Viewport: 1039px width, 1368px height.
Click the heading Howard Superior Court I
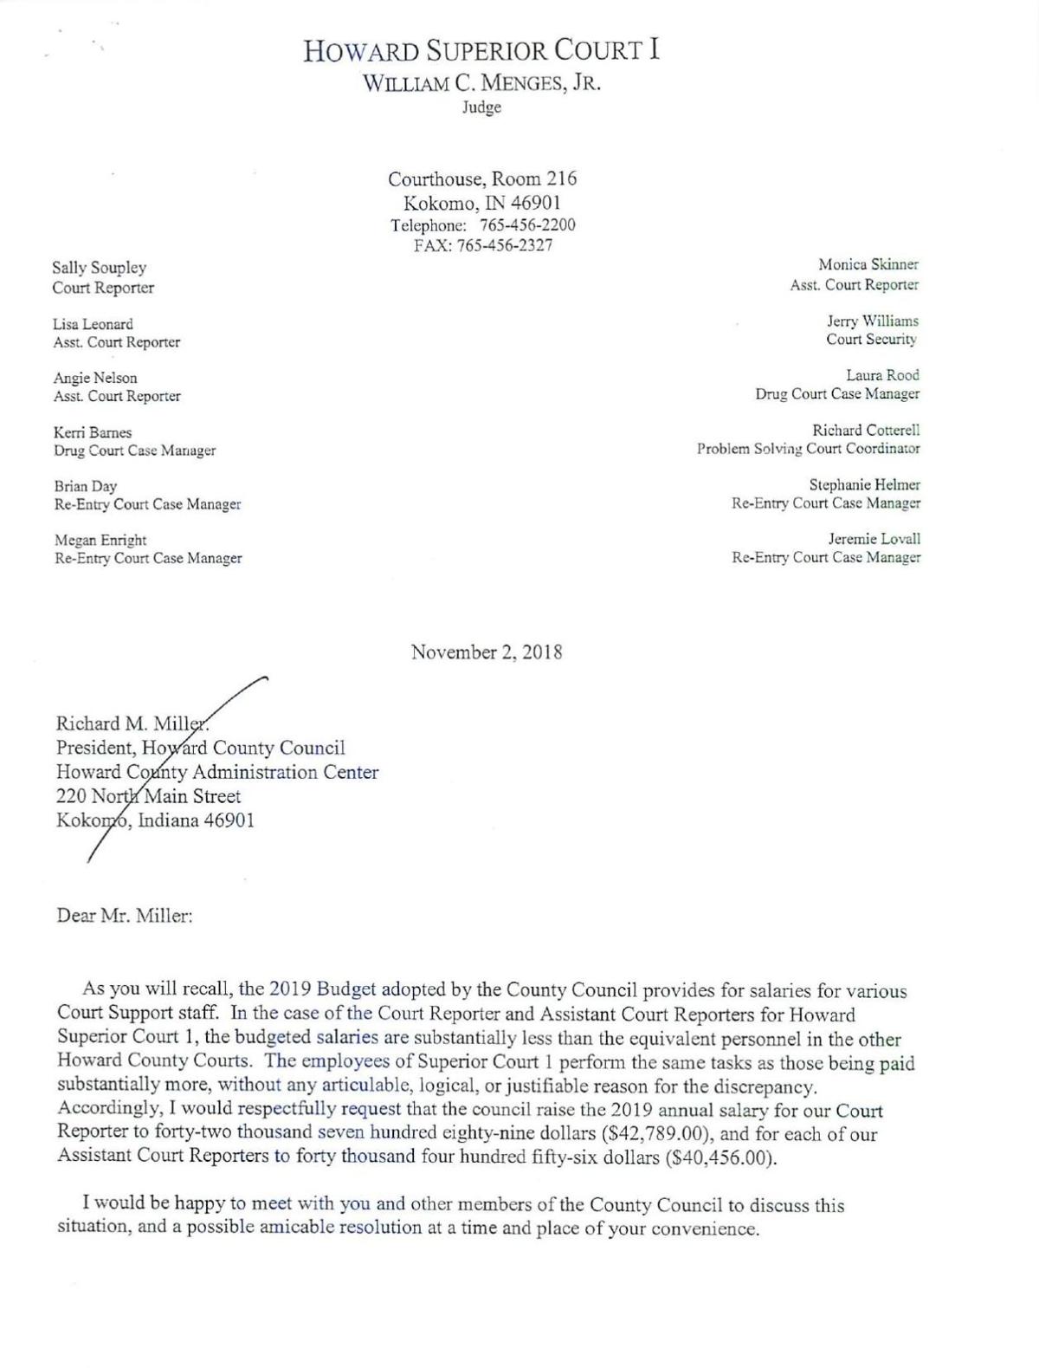coord(481,51)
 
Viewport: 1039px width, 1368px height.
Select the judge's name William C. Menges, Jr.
coord(481,84)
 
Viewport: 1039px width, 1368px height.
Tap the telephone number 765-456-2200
coord(527,225)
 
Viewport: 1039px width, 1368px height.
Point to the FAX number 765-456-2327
coord(505,244)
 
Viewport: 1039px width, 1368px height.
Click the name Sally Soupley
coord(100,268)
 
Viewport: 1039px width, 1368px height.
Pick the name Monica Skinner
coord(868,265)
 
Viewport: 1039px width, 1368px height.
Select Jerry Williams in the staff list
coord(872,321)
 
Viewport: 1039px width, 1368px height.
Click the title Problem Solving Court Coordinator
coord(809,449)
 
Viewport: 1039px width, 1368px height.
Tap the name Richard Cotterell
coord(866,430)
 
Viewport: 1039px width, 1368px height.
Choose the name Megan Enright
coord(100,540)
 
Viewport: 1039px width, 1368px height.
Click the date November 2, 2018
coord(487,652)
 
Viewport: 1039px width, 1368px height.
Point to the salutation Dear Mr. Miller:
coord(125,916)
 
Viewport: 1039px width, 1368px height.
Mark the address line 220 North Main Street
coord(149,796)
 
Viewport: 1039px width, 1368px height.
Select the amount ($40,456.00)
coord(721,1158)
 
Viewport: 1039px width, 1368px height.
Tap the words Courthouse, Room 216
coord(482,179)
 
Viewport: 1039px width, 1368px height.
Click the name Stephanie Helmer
coord(864,484)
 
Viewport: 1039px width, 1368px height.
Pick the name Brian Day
coord(86,486)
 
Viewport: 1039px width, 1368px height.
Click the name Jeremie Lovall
coord(874,539)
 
